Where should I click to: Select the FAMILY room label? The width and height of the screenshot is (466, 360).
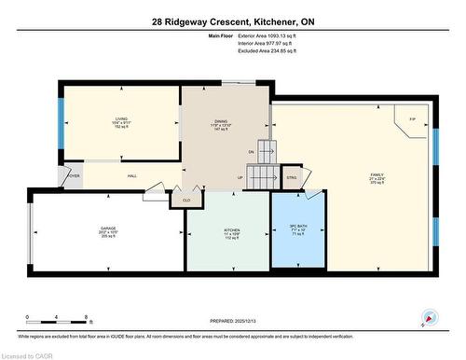coord(377,175)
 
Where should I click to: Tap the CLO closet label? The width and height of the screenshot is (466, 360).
coord(186,201)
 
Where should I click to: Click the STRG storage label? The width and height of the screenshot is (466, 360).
coord(291,177)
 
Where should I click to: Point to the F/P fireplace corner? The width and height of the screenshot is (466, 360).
coord(412,119)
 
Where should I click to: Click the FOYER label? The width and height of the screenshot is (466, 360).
coord(73,175)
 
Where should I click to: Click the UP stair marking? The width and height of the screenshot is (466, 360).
coord(240,178)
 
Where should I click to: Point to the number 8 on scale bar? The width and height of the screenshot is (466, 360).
coord(86,317)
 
